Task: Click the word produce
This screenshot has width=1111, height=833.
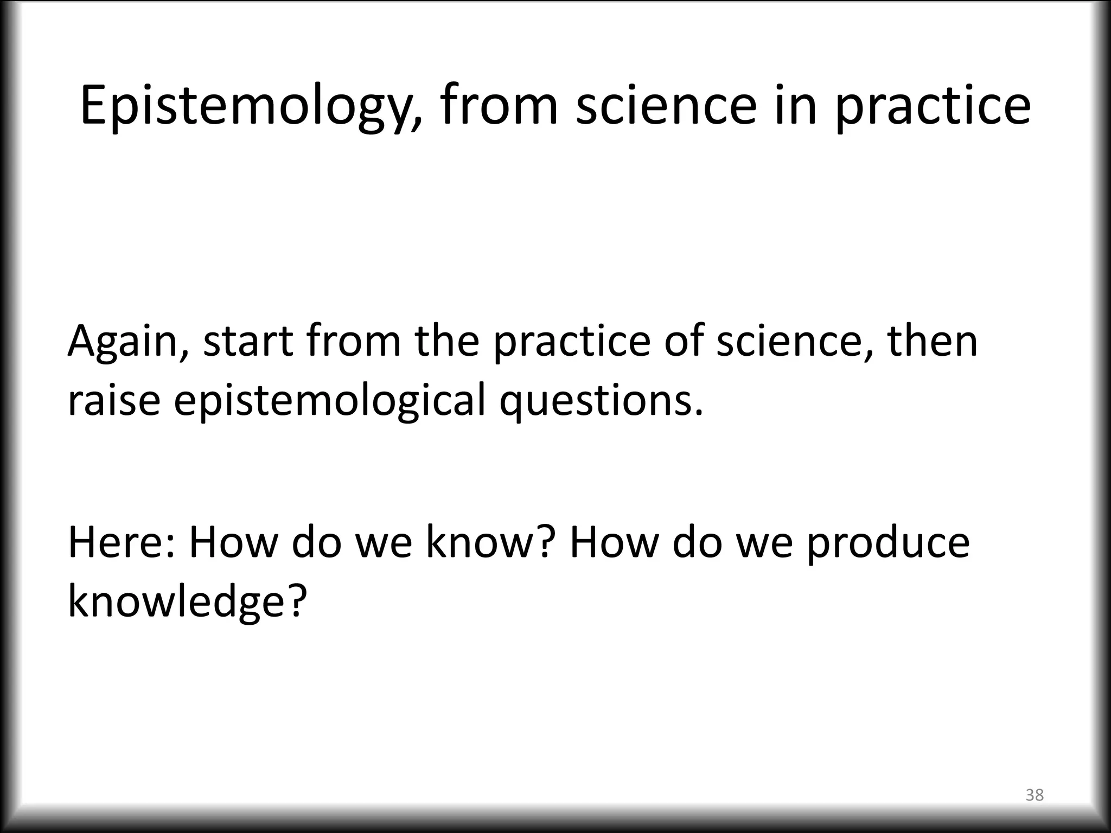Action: pyautogui.click(x=887, y=543)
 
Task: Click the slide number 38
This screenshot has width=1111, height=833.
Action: pyautogui.click(x=1035, y=795)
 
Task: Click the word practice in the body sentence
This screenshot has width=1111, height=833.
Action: pyautogui.click(x=572, y=342)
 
